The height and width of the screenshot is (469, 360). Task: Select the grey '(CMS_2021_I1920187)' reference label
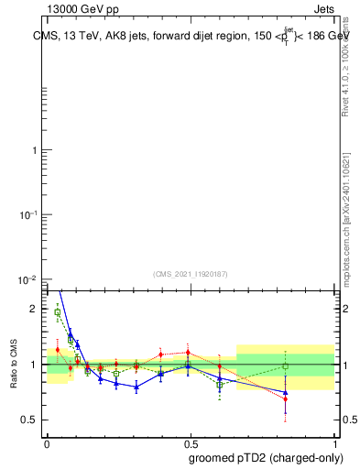coord(191,272)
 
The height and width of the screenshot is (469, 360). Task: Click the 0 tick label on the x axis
coord(47,442)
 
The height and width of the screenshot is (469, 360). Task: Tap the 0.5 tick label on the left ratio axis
coord(29,420)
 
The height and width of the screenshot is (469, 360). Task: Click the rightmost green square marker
coord(286,366)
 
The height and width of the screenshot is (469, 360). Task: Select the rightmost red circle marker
coord(286,398)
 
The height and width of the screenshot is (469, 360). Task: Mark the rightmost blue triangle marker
coord(286,392)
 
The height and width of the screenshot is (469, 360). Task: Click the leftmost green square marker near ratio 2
coord(58,312)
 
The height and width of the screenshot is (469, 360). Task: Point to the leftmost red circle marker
coord(58,350)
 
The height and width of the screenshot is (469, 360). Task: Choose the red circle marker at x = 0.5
coord(189,353)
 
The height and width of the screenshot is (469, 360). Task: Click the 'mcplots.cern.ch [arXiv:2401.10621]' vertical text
coord(346,219)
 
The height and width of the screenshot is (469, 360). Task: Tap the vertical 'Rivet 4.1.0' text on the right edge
coord(346,63)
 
